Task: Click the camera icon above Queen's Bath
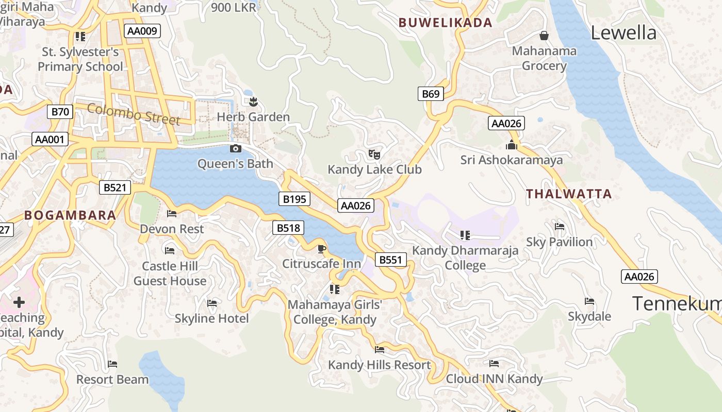(x=235, y=149)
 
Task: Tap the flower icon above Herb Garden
(x=253, y=101)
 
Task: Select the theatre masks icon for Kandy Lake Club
(x=374, y=154)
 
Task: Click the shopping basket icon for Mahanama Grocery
(x=544, y=36)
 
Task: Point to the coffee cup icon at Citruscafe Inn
(x=322, y=249)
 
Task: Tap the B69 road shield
(x=431, y=94)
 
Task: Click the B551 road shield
(x=390, y=260)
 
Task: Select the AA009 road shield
(x=142, y=31)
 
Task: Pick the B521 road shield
(x=114, y=187)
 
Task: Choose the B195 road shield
(x=294, y=199)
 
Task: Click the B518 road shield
(x=288, y=228)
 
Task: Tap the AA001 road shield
(x=50, y=139)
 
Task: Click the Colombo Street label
(x=134, y=114)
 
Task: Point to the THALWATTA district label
(x=569, y=194)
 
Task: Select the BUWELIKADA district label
(x=446, y=23)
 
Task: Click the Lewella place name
(x=623, y=33)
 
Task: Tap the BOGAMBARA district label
(x=70, y=215)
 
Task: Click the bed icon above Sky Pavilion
(x=559, y=227)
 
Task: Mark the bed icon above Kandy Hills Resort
(x=380, y=350)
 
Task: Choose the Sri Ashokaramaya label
(x=512, y=160)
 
